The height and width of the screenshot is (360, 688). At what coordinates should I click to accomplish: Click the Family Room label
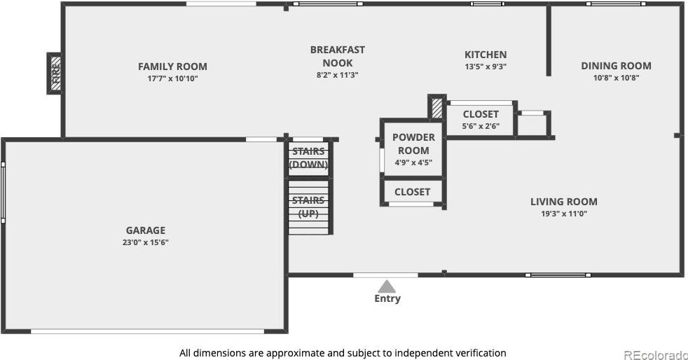pos(172,67)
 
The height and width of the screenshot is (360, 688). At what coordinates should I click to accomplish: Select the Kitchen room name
pos(486,55)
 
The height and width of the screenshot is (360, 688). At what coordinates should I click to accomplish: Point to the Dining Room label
pos(616,66)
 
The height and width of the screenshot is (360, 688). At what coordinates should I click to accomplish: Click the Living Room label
pos(563,202)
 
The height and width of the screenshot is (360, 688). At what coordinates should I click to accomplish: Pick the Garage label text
pos(146,230)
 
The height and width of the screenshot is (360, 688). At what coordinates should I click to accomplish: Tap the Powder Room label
pos(413,144)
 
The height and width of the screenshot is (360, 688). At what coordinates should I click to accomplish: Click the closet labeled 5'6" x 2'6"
pos(481,114)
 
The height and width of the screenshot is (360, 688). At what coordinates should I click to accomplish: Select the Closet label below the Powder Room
pos(412,191)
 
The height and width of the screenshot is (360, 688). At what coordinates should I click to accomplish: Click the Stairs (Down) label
pos(308,158)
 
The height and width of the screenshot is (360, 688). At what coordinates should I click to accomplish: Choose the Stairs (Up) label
pos(308,207)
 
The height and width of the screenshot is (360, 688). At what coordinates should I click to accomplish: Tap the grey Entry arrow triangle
pos(387,286)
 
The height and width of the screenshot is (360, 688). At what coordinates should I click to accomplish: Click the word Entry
pos(387,298)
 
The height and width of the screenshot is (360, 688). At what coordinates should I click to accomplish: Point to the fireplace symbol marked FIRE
pos(56,74)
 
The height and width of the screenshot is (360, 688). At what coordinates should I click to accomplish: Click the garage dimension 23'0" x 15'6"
pos(146,242)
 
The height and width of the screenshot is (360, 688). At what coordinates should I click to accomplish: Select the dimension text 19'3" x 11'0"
pos(563,214)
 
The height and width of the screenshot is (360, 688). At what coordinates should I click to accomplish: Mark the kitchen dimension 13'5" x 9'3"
pos(486,67)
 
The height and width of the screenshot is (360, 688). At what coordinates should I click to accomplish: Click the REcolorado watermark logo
pos(654,354)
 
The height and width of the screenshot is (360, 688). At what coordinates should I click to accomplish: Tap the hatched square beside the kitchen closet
pos(436,108)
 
